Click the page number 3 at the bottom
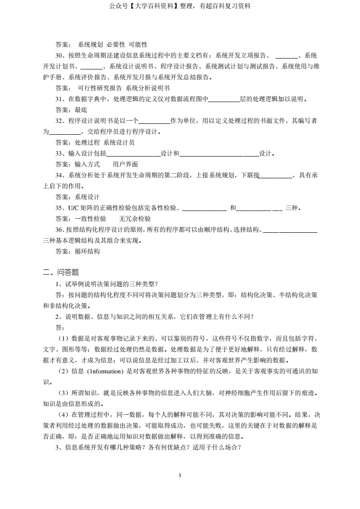point(180,475)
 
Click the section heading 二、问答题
point(61,272)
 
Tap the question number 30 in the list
point(59,56)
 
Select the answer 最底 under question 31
point(81,110)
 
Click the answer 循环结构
point(87,251)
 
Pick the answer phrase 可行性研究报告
point(100,88)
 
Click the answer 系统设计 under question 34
point(87,197)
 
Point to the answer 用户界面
point(125,164)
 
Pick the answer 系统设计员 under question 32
point(119,142)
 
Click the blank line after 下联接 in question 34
point(276,176)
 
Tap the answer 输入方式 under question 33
point(87,164)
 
